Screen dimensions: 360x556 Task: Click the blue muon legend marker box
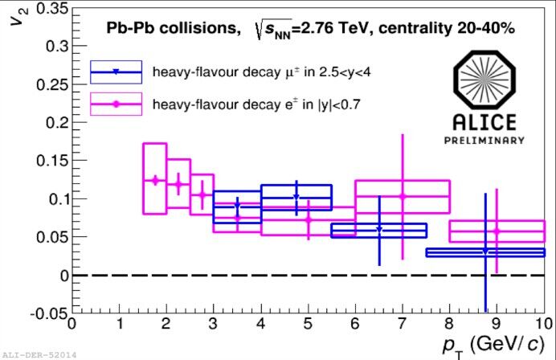pos(116,72)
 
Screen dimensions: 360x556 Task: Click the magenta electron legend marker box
pos(116,104)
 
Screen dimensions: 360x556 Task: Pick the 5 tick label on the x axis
pos(308,325)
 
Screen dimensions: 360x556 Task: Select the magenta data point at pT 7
pos(403,196)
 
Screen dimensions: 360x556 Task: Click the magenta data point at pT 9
pos(497,231)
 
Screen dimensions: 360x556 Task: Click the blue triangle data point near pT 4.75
pos(296,197)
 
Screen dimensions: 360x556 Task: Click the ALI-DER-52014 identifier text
pos(38,354)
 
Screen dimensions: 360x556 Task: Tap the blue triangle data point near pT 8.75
pos(485,252)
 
